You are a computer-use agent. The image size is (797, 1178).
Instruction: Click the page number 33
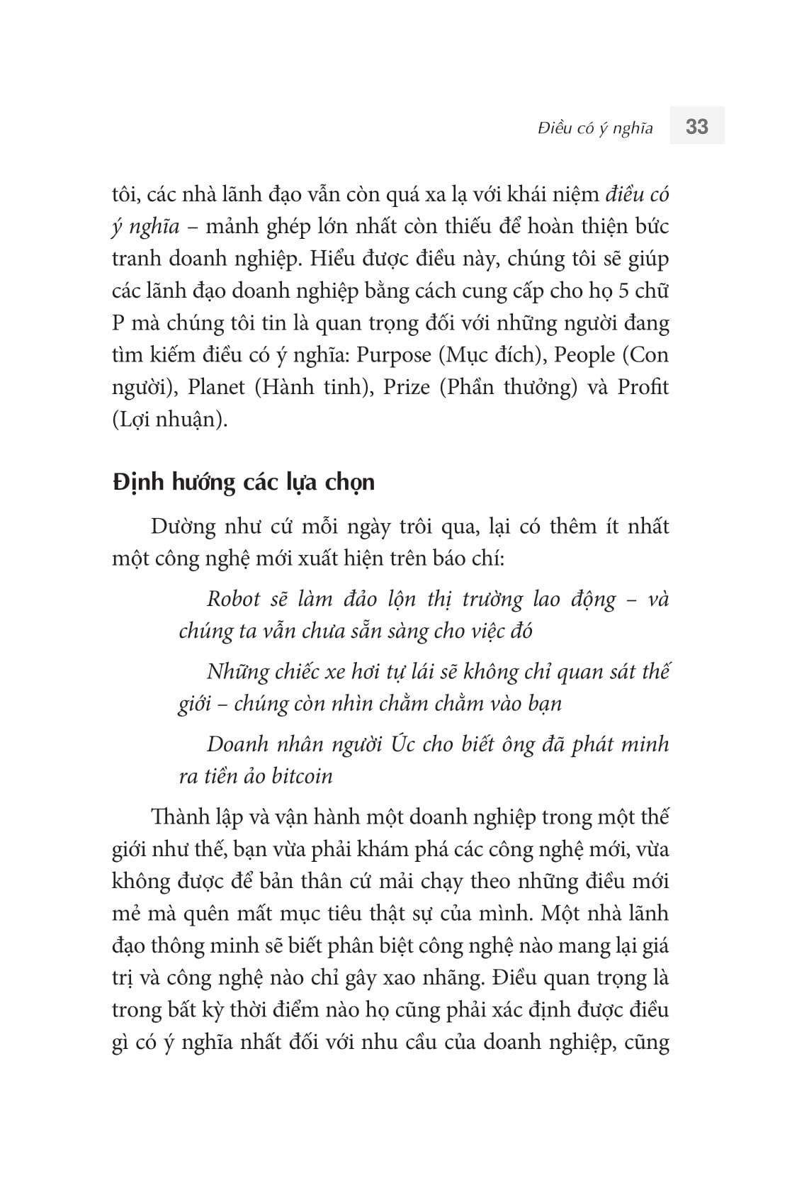(x=696, y=127)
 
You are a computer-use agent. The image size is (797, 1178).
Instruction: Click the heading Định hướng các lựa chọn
(x=243, y=482)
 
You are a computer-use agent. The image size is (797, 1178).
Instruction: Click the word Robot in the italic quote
(x=234, y=599)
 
